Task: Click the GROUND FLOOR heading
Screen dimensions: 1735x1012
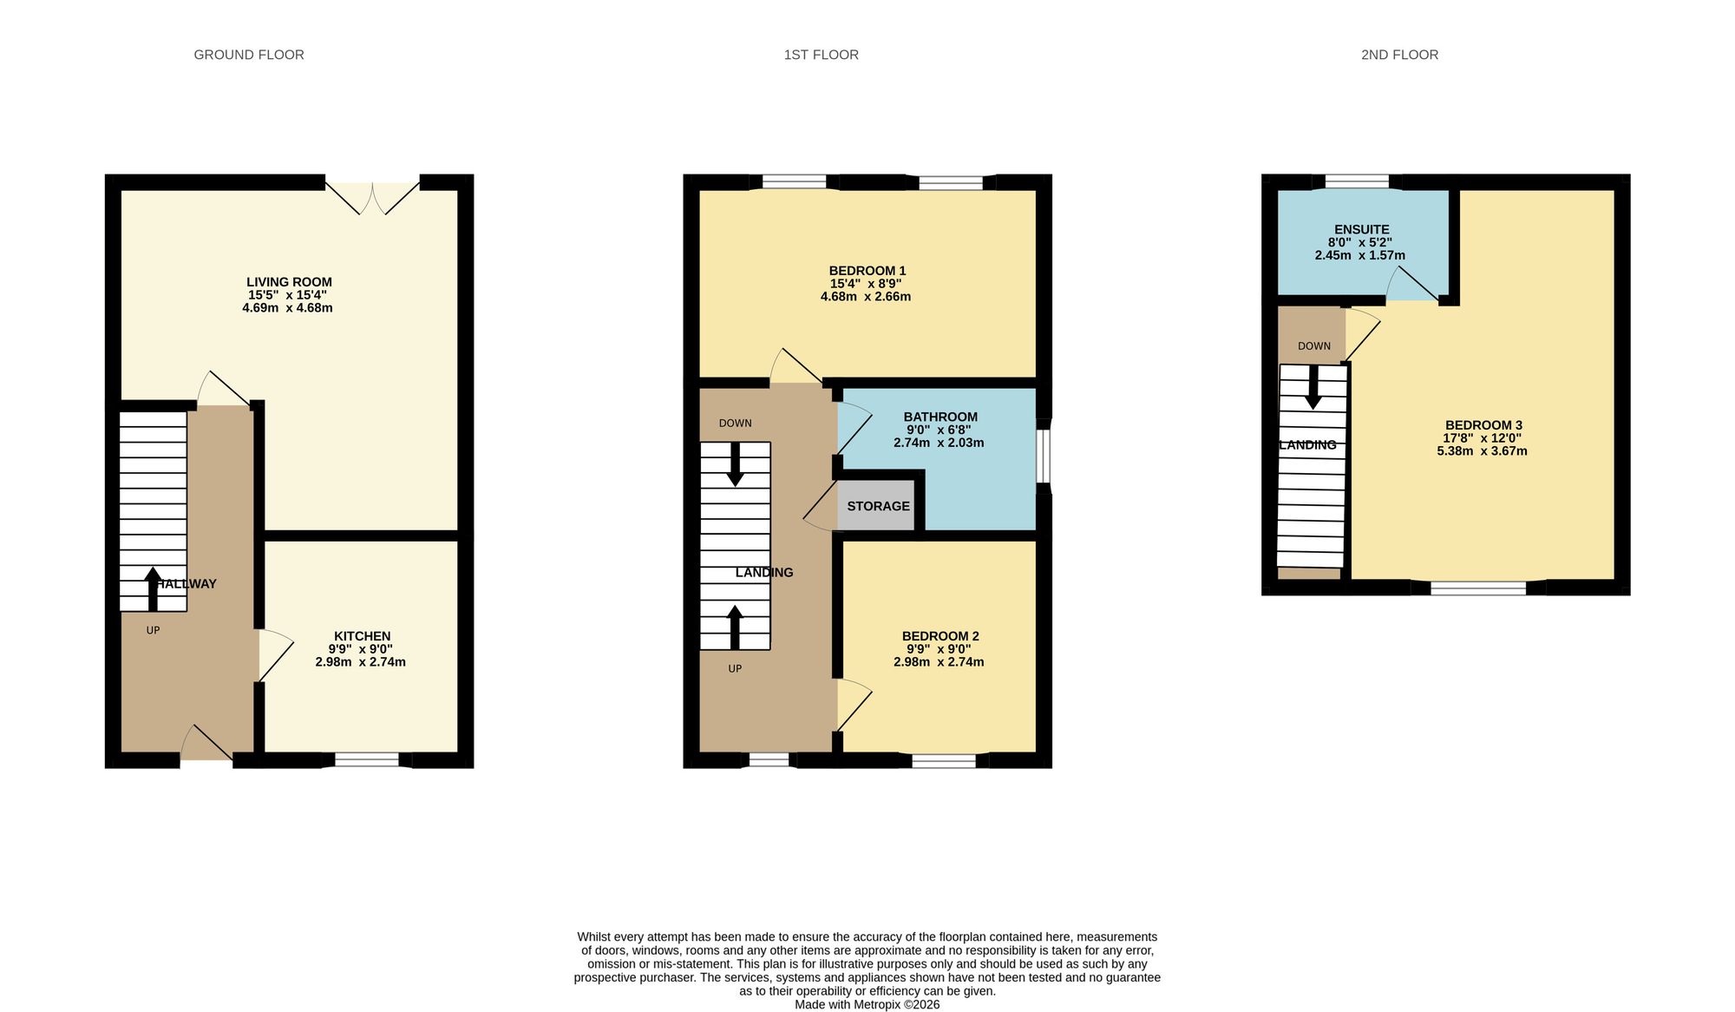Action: point(249,55)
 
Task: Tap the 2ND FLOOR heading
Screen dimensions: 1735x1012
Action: point(1399,55)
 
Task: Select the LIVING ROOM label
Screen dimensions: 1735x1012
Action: point(289,282)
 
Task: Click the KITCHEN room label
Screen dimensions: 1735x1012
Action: point(363,636)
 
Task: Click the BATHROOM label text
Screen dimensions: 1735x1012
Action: point(940,417)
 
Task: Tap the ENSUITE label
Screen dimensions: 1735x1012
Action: point(1361,230)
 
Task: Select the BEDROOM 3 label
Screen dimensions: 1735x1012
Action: point(1483,425)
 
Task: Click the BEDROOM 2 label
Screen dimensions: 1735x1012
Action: point(940,636)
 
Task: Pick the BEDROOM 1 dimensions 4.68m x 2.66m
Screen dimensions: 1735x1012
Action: point(866,297)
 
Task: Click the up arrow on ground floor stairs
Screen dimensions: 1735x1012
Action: point(153,589)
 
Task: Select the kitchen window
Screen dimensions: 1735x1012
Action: point(367,760)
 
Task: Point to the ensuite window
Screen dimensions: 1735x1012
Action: point(1357,181)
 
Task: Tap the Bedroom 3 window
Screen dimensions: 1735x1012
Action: point(1478,588)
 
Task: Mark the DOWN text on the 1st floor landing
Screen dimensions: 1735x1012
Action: point(736,424)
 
